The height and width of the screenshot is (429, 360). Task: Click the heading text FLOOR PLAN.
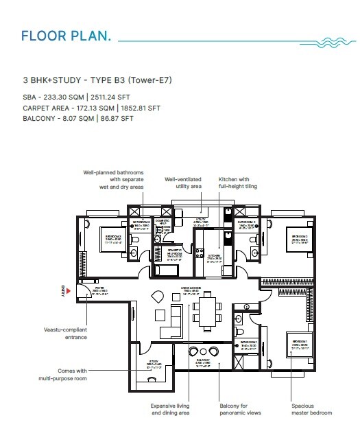(66, 35)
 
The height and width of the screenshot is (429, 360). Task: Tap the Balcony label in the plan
(202, 362)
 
